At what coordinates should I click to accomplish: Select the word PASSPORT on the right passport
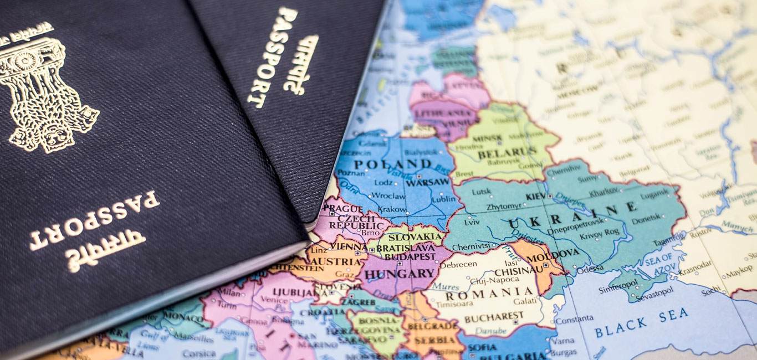[x=272, y=55]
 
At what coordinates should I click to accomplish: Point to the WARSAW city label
[x=427, y=182]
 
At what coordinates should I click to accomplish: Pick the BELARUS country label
[x=507, y=152]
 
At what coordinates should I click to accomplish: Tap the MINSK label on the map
[x=487, y=138]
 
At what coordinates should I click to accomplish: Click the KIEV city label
[x=535, y=197]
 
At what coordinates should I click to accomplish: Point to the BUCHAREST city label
[x=494, y=318]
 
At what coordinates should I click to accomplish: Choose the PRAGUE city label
[x=335, y=209]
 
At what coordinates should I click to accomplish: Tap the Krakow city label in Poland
[x=392, y=209]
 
